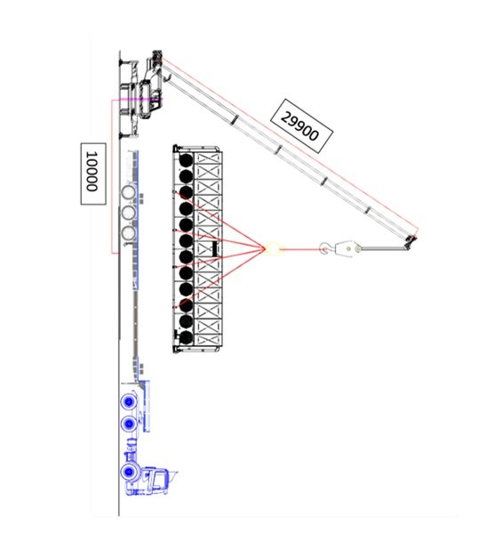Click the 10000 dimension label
93,174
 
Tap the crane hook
324,248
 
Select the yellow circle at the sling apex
273,248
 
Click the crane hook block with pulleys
349,248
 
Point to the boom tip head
411,241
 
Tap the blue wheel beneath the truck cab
129,472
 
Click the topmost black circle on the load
186,160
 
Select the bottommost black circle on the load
186,337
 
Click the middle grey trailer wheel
129,214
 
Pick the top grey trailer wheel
129,193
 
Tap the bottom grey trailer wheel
129,233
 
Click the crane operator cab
146,99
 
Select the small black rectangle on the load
214,248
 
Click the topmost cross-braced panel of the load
208,160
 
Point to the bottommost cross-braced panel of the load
208,337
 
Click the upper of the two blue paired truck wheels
129,402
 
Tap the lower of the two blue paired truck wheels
129,424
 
